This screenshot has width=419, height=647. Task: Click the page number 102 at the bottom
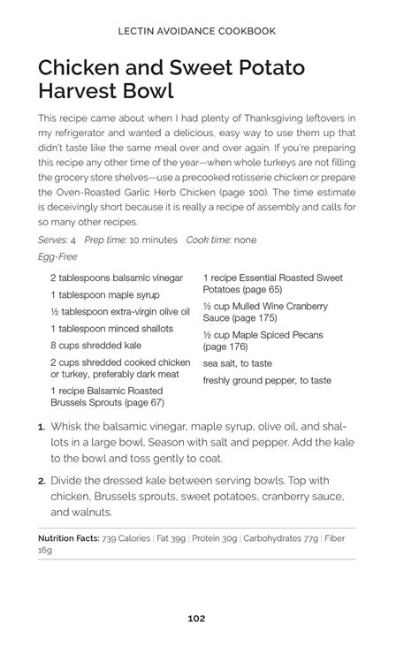pyautogui.click(x=196, y=618)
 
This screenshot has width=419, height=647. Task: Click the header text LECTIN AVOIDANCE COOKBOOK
pyautogui.click(x=196, y=31)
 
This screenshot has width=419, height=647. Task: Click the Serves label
pyautogui.click(x=53, y=240)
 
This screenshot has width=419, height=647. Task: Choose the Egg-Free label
pyautogui.click(x=58, y=256)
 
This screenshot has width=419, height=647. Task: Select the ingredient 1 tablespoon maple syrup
pyautogui.click(x=104, y=294)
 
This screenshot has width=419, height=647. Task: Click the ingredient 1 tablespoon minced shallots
pyautogui.click(x=110, y=328)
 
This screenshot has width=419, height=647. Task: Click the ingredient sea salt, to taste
pyautogui.click(x=237, y=363)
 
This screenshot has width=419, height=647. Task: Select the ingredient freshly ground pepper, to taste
pyautogui.click(x=267, y=380)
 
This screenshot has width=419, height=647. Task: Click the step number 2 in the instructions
pyautogui.click(x=42, y=481)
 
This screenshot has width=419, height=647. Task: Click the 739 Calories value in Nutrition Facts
pyautogui.click(x=126, y=537)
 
